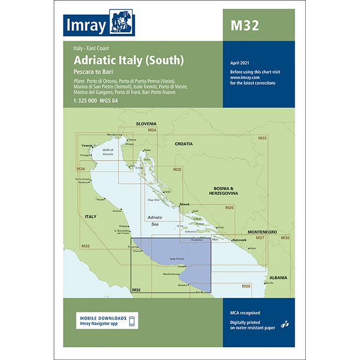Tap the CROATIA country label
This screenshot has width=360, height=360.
coord(184,143)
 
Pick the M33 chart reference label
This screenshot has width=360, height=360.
coord(85,246)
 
